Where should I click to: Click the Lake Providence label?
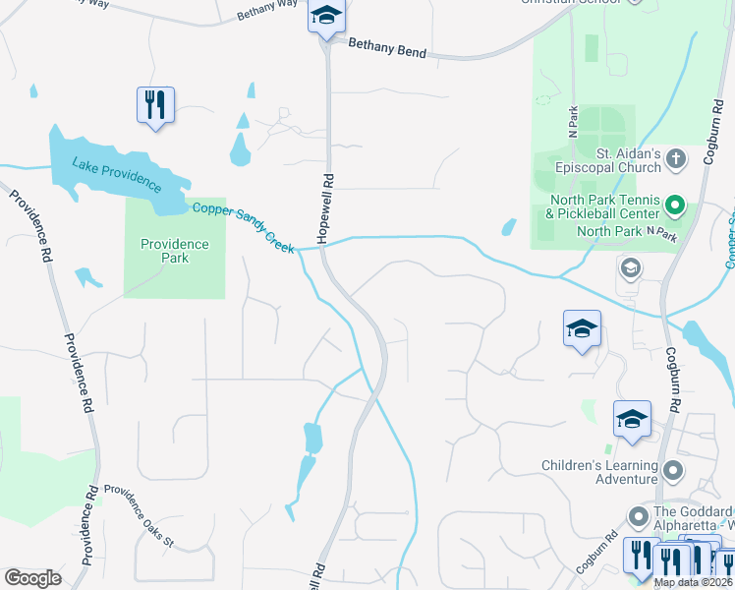pyautogui.click(x=116, y=172)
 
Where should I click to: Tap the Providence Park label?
pyautogui.click(x=175, y=251)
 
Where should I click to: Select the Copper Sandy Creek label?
pyautogui.click(x=244, y=227)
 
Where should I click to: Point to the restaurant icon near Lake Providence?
pyautogui.click(x=155, y=104)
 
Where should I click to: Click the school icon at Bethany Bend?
pyautogui.click(x=326, y=18)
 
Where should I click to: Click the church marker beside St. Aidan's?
pyautogui.click(x=676, y=158)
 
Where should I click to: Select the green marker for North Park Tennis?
pyautogui.click(x=675, y=206)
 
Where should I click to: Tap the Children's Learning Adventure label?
pyautogui.click(x=599, y=472)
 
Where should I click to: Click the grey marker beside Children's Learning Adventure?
pyautogui.click(x=673, y=471)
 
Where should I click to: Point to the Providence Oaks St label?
pyautogui.click(x=139, y=501)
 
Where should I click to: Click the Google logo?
pyautogui.click(x=32, y=578)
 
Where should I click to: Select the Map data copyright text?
pyautogui.click(x=694, y=582)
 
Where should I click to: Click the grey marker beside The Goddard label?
pyautogui.click(x=639, y=514)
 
